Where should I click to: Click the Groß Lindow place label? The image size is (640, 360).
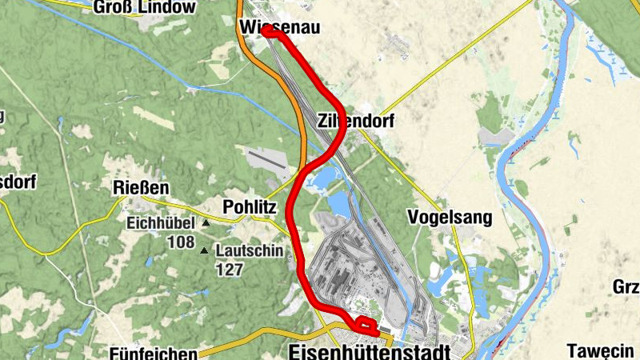click(144, 7)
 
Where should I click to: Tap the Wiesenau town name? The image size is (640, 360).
click(279, 28)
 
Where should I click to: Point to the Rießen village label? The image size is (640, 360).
click(141, 188)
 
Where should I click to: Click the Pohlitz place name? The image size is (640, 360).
click(250, 206)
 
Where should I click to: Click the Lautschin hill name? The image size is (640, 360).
click(249, 251)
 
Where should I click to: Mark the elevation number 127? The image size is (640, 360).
click(230, 270)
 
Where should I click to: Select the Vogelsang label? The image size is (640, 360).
click(449, 217)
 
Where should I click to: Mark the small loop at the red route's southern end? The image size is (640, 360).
click(366, 326)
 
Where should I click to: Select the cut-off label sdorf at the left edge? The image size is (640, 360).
click(18, 181)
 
